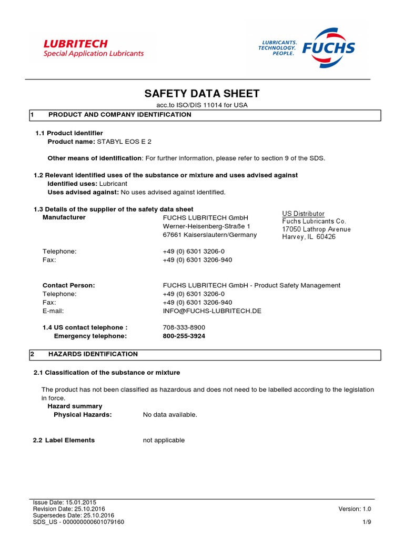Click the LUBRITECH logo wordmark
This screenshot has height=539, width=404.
(x=75, y=43)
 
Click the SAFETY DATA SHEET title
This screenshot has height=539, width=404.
(x=202, y=94)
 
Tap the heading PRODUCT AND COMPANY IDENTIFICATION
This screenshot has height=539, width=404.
(x=119, y=115)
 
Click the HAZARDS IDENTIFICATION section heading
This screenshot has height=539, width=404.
(x=93, y=354)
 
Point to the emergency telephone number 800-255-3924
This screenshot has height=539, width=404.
(x=184, y=336)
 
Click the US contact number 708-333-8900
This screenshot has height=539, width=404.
(x=184, y=327)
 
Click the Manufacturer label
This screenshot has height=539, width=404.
(x=64, y=217)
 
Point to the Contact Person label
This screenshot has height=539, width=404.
(x=68, y=285)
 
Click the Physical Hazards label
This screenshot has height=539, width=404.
(x=83, y=415)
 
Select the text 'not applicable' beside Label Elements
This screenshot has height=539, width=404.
(x=164, y=440)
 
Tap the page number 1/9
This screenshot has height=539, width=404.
(x=367, y=522)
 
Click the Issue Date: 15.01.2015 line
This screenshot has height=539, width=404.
(x=64, y=503)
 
